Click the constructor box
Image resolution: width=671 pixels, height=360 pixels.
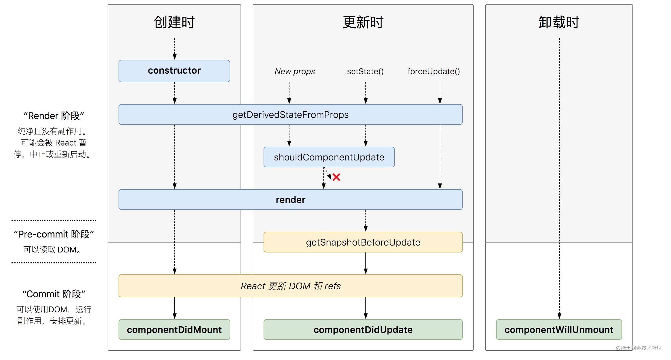174,71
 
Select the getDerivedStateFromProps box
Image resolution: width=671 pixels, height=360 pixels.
290,114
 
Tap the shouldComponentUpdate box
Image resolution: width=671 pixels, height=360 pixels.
329,157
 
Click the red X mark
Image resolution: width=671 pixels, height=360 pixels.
336,177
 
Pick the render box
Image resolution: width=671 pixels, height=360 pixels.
290,200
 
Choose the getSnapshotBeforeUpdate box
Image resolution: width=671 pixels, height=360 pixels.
363,242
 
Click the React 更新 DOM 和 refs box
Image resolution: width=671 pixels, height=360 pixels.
290,286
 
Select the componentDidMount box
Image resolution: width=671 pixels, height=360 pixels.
174,330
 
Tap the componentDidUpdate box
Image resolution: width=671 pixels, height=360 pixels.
363,330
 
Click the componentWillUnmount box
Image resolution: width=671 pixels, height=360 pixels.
559,330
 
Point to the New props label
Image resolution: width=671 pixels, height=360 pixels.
295,71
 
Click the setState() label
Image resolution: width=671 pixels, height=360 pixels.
365,71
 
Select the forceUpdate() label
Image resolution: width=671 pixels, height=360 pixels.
434,71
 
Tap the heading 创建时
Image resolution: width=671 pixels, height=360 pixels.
174,22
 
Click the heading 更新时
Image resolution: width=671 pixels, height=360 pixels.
363,22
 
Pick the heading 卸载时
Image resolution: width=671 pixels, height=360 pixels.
559,22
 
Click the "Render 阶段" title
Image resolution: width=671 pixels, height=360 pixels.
54,116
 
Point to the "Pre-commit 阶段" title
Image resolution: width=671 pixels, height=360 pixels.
54,234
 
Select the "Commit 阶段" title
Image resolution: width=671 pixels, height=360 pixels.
54,294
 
